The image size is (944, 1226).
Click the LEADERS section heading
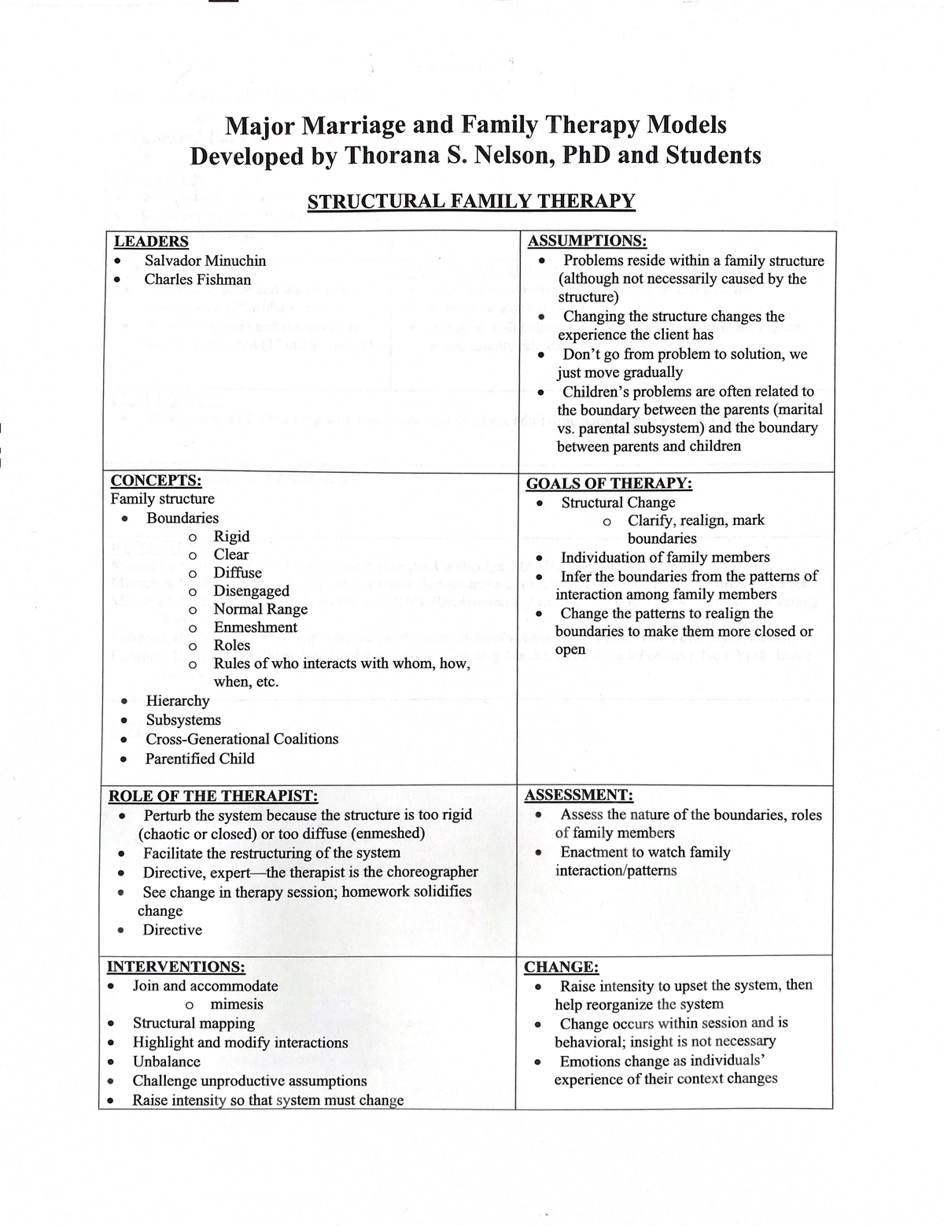[x=151, y=242]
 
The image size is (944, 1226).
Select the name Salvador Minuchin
[x=205, y=260]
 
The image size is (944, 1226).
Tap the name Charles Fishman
[x=197, y=279]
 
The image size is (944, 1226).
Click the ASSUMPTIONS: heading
[x=587, y=241]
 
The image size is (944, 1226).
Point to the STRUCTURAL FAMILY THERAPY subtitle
[x=470, y=201]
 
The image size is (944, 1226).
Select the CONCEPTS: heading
[x=156, y=480]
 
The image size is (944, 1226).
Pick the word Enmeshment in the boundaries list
[x=255, y=627]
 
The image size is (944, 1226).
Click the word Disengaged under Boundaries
[x=251, y=591]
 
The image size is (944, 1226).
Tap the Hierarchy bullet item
[x=178, y=700]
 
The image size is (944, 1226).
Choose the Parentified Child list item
[x=200, y=759]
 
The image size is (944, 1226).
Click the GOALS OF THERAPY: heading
[x=609, y=483]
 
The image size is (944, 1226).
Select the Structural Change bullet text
[x=618, y=502]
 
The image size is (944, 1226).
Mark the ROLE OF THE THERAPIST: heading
[x=212, y=796]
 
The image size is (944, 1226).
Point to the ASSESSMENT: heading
[x=578, y=795]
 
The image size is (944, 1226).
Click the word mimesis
[x=237, y=1004]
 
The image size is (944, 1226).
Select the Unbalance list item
[x=166, y=1062]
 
